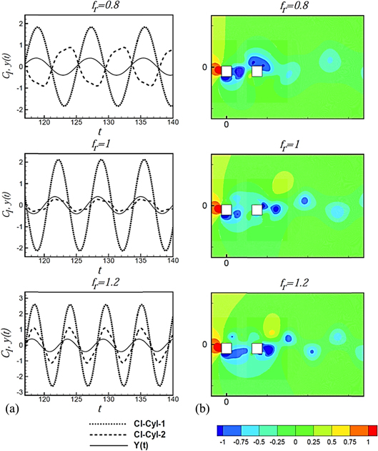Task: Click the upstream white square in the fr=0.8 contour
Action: [x=227, y=71]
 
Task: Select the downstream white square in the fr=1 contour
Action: [x=257, y=210]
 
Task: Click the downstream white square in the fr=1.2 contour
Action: [x=257, y=349]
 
